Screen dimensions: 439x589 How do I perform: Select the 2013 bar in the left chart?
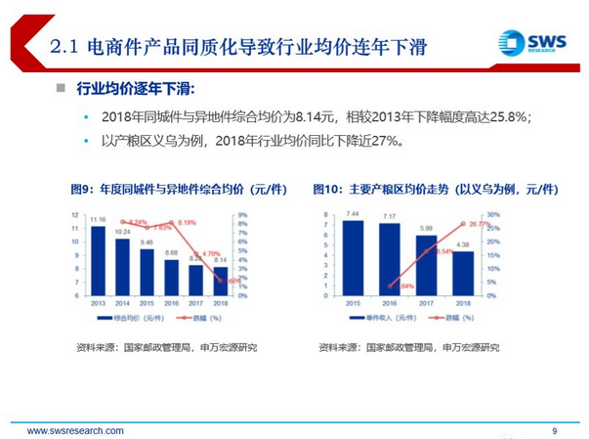click(x=97, y=259)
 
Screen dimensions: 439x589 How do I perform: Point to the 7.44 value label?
click(x=354, y=213)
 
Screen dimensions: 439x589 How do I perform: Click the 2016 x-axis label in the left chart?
click(x=172, y=303)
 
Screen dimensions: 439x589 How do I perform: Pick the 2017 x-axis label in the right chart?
click(x=426, y=303)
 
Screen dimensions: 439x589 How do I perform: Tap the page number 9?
click(x=555, y=430)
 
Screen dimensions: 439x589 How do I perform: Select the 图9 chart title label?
click(x=81, y=188)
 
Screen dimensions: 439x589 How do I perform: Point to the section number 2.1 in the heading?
click(x=65, y=46)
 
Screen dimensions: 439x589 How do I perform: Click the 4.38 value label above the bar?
click(x=462, y=244)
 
